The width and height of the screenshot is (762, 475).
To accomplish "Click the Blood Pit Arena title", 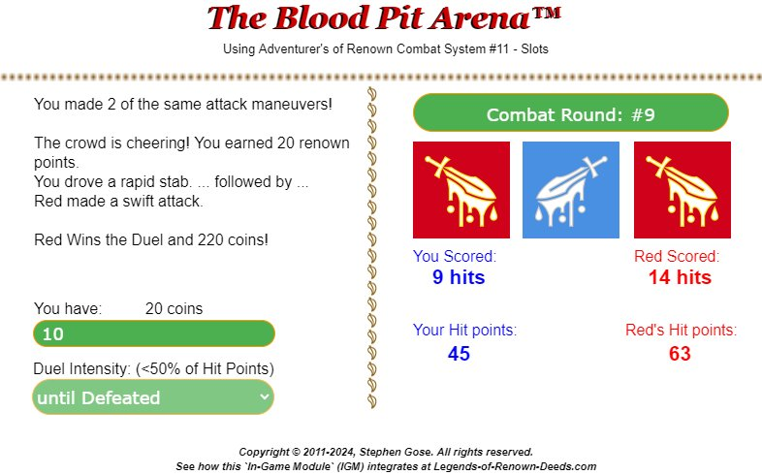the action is (x=384, y=18).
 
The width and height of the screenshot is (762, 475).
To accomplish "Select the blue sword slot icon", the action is (x=570, y=190).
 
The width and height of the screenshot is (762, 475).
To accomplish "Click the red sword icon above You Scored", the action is (x=461, y=190).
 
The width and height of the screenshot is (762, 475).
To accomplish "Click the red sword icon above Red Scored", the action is (x=683, y=190).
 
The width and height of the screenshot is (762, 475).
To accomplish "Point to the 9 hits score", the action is (x=459, y=277).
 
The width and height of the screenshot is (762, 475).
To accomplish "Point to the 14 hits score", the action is (x=680, y=277).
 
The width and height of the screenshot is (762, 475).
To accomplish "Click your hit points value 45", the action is (x=459, y=354).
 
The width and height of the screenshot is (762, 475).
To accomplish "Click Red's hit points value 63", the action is (x=680, y=354).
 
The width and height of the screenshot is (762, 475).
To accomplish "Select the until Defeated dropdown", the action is (x=153, y=397).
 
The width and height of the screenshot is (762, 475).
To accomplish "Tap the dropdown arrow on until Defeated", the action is (x=264, y=396).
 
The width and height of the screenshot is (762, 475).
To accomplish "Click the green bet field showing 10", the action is (x=153, y=333).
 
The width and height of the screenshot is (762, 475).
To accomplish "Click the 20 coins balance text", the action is (x=174, y=308).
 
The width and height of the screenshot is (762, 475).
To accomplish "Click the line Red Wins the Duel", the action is (x=151, y=239).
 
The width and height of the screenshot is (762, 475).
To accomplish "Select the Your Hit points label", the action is (x=464, y=330).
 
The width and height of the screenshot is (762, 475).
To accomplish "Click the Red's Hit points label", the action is (x=681, y=330).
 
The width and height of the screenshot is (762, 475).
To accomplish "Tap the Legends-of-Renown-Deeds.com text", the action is (x=515, y=466).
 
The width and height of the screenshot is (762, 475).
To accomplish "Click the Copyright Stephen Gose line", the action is (x=386, y=452).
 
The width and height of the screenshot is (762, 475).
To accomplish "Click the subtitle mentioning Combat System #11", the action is (x=386, y=49).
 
